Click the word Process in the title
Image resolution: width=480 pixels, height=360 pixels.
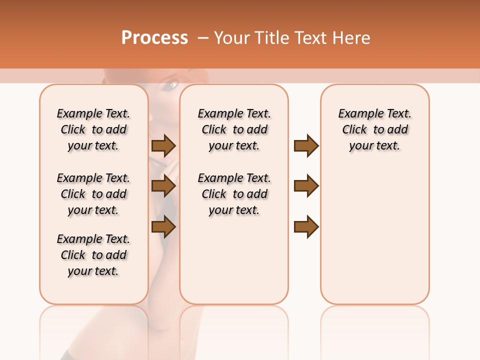[154, 38]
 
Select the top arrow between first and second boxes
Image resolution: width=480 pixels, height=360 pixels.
[163, 146]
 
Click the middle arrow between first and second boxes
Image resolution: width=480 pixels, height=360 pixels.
[163, 186]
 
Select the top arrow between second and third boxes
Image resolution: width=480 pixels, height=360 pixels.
[306, 146]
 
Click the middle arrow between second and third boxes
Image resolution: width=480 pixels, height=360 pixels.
[306, 186]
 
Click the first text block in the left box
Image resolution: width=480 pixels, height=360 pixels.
[93, 129]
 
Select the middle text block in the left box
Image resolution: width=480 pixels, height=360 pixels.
[93, 194]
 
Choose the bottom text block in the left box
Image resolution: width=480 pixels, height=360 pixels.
[93, 255]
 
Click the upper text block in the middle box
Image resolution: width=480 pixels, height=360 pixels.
[234, 129]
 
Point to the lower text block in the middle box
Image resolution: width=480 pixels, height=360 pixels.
[234, 194]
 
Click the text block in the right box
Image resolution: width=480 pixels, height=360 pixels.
[375, 129]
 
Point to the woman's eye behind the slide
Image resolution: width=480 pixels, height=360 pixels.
[170, 86]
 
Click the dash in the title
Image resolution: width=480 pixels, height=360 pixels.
[203, 38]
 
